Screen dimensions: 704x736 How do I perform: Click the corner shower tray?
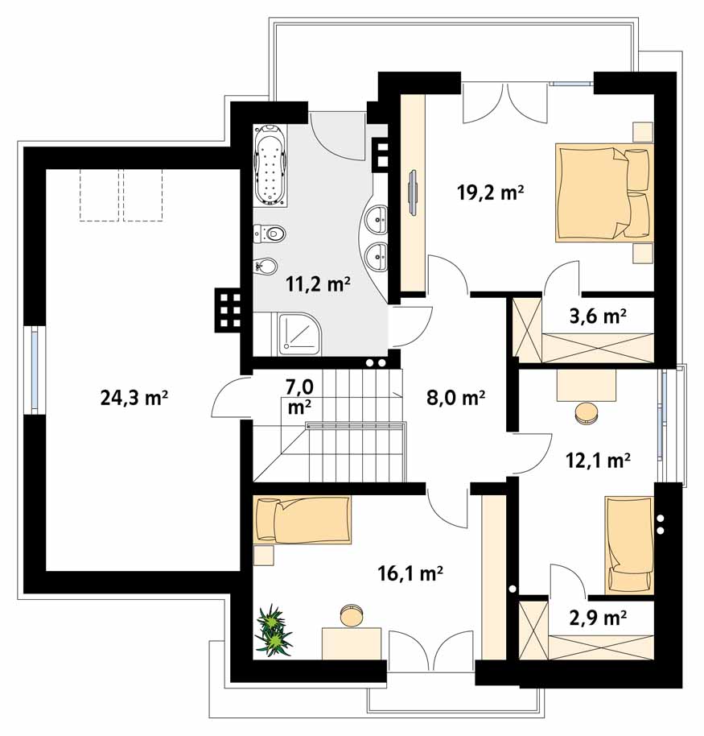tap(299, 333)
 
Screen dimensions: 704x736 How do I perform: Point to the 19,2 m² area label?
tap(490, 192)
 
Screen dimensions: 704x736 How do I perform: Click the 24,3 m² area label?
tap(134, 398)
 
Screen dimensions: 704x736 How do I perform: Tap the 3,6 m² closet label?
tap(598, 316)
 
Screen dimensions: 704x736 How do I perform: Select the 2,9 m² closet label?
tap(598, 618)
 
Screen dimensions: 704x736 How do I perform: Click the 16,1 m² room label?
tap(410, 573)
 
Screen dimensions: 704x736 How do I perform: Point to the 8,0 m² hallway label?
tap(455, 398)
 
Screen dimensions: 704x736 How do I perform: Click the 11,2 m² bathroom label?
tap(319, 284)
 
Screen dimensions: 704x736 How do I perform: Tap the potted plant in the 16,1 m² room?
tap(273, 631)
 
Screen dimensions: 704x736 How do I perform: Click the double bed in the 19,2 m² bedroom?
tap(604, 192)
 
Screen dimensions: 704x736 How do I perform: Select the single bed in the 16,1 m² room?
tap(302, 520)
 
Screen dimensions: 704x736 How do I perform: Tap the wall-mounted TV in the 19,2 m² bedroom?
tap(412, 192)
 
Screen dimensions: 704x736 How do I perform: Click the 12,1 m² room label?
tap(598, 461)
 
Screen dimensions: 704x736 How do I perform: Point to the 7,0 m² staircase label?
tap(300, 397)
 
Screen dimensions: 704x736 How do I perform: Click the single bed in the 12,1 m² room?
tap(629, 545)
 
